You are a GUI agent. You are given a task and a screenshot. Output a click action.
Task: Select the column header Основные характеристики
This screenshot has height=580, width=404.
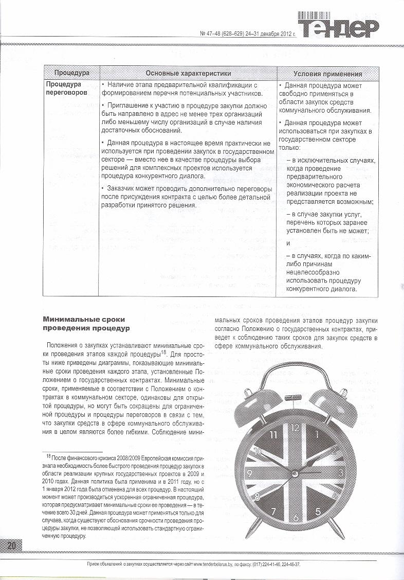tap(188, 74)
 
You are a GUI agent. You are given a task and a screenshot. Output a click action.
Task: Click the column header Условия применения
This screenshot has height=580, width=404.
tap(327, 74)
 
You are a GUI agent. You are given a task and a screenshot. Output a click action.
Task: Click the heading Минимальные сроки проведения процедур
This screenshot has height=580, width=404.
tap(86, 324)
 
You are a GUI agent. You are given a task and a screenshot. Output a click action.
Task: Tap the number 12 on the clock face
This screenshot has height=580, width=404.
tap(295, 427)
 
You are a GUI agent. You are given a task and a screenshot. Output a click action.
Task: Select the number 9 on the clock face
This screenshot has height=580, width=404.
tap(249, 473)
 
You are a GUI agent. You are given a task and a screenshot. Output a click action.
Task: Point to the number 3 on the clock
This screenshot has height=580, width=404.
tap(341, 471)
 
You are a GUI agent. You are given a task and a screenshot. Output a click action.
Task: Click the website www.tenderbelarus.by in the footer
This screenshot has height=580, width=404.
tap(214, 564)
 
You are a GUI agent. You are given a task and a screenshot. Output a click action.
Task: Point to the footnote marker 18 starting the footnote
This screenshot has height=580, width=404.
tap(49, 455)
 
